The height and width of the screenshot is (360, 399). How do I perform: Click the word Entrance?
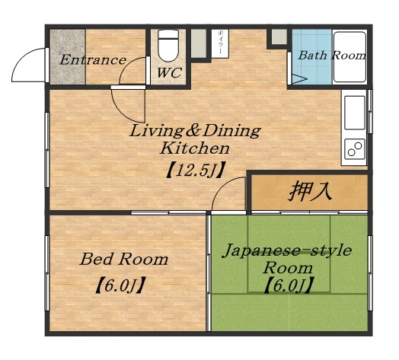click(93, 60)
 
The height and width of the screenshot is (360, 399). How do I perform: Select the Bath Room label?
click(331, 56)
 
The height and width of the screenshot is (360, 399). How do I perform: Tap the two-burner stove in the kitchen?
click(354, 149)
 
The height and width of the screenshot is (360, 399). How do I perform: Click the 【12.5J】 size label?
click(194, 169)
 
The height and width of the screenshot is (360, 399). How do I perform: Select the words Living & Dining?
click(195, 130)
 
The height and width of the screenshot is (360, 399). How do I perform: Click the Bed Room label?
click(123, 260)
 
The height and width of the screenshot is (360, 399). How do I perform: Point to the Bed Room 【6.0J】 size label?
click(122, 287)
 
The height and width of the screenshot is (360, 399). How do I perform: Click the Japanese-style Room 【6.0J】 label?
click(288, 286)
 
